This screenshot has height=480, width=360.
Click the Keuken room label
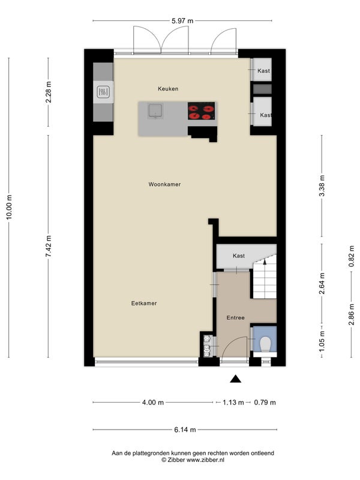pyautogui.click(x=168, y=89)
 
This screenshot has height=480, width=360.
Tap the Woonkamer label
pyautogui.click(x=164, y=184)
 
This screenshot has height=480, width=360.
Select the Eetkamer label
pyautogui.click(x=144, y=304)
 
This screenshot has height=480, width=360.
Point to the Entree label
pyautogui.click(x=235, y=318)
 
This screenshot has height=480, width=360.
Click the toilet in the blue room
pyautogui.click(x=265, y=344)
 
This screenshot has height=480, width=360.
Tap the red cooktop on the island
pyautogui.click(x=201, y=111)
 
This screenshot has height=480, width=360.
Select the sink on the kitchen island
pyautogui.click(x=155, y=110)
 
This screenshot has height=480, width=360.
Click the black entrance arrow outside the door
pyautogui.click(x=235, y=379)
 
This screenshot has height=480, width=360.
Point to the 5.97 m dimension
pyautogui.click(x=182, y=21)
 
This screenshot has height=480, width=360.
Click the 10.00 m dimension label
pyautogui.click(x=9, y=207)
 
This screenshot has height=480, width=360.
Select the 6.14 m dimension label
pyautogui.click(x=185, y=430)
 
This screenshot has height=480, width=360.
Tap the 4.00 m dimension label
pyautogui.click(x=153, y=402)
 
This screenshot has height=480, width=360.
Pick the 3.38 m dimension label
pyautogui.click(x=322, y=187)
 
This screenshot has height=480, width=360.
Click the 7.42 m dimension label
pyautogui.click(x=49, y=246)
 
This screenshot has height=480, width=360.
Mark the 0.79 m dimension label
pyautogui.click(x=265, y=402)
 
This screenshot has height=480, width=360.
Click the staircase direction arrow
pyautogui.click(x=265, y=261)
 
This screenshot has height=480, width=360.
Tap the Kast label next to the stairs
pyautogui.click(x=239, y=256)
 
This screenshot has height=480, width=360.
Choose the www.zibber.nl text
pyautogui.click(x=205, y=460)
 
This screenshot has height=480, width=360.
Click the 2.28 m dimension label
pyautogui.click(x=49, y=92)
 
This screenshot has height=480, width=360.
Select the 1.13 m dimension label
pyautogui.click(x=233, y=402)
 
